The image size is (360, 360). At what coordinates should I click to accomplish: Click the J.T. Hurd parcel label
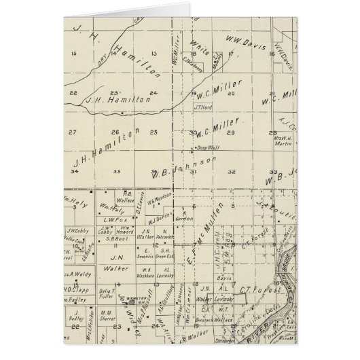[204, 107]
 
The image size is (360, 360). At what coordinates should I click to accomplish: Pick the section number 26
[116, 132]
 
